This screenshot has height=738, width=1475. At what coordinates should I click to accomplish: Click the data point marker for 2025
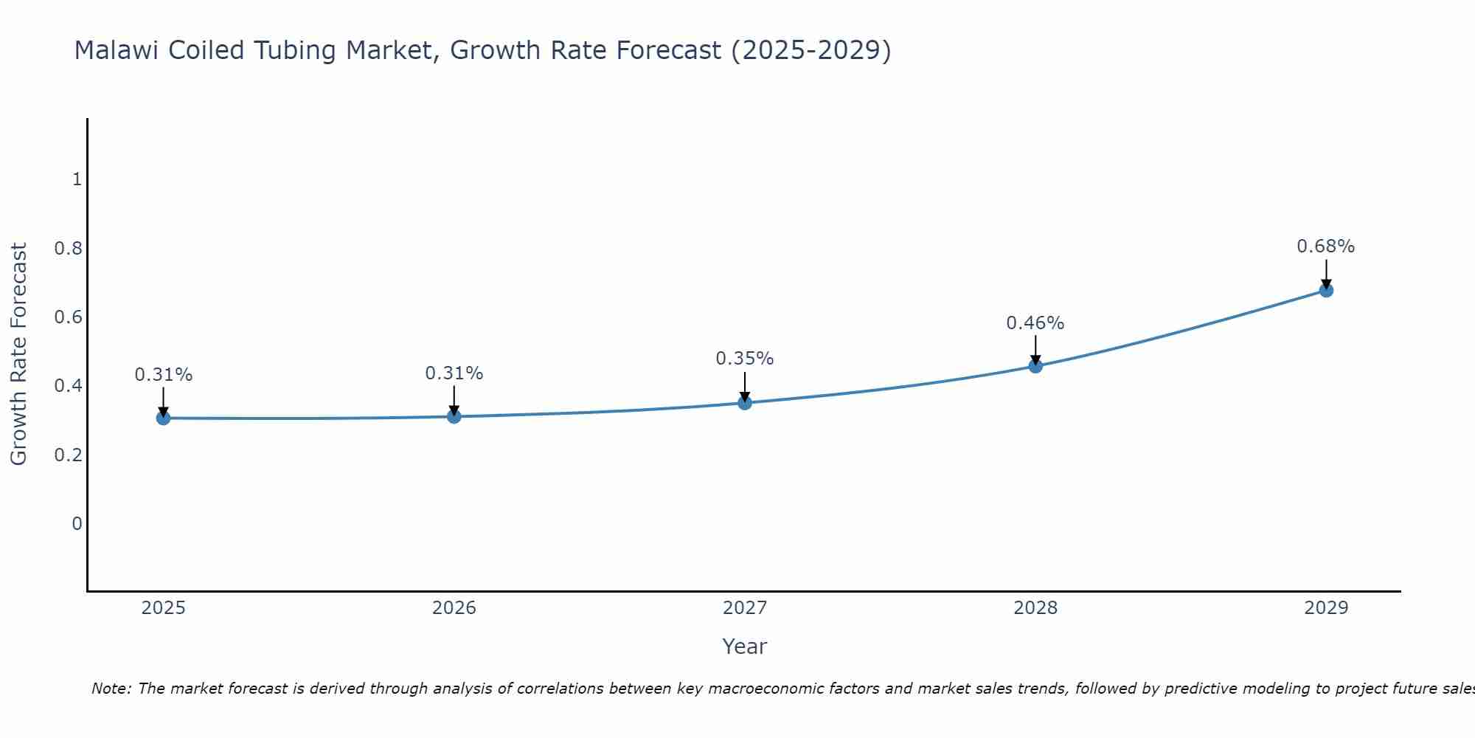point(164,418)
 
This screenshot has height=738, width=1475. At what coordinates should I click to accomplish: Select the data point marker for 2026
point(454,417)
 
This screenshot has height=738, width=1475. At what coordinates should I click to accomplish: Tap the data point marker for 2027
point(745,403)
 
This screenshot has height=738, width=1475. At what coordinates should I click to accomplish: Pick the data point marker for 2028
point(1035,366)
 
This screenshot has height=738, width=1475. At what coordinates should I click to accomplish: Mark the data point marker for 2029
point(1326,291)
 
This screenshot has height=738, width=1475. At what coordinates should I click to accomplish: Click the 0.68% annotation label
point(1326,246)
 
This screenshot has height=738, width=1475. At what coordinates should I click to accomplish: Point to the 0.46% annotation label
point(1035,323)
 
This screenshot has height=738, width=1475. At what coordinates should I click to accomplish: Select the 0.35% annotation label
point(745,359)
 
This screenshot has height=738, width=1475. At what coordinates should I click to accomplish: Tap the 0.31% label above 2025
point(164,375)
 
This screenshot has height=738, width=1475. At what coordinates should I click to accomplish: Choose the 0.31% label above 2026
point(454,373)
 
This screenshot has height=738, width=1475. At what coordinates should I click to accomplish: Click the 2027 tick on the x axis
point(745,608)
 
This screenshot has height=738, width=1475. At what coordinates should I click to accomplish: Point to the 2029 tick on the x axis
point(1326,608)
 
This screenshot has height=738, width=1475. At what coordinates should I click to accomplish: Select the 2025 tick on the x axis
point(164,608)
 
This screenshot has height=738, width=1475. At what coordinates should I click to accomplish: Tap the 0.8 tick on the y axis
point(68,248)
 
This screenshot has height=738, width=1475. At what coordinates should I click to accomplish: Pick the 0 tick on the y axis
point(77,524)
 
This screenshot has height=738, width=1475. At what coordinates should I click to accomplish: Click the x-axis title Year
point(745,646)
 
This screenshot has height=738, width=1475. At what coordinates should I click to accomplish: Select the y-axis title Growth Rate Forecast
point(18,354)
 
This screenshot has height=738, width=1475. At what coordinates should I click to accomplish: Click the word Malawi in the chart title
point(117,51)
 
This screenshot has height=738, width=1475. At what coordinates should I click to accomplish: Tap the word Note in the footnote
point(111,689)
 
